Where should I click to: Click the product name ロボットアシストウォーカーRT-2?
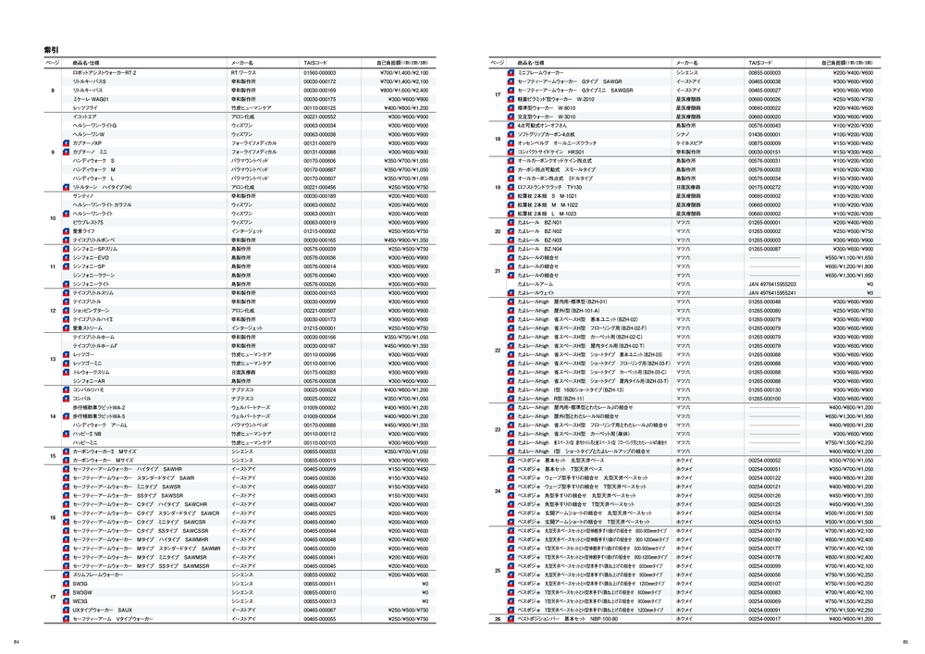tap(104, 71)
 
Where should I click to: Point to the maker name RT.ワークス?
tap(243, 71)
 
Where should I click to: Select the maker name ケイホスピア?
tap(688, 142)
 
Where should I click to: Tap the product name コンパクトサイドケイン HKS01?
tap(554, 152)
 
